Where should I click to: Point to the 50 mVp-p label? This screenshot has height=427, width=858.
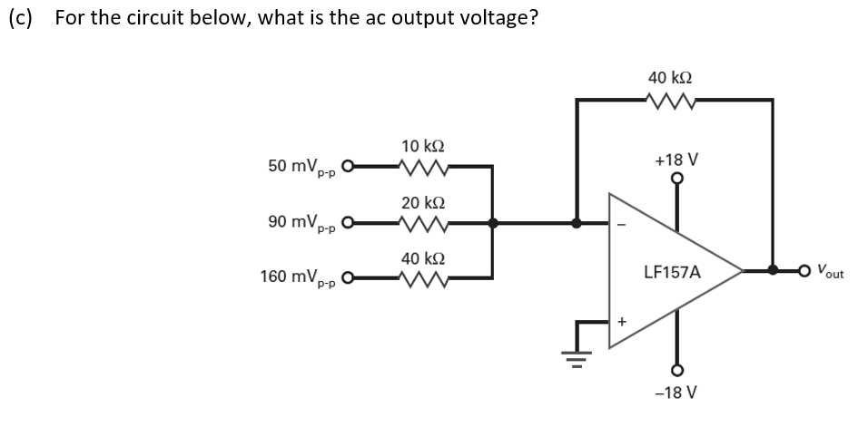(x=302, y=168)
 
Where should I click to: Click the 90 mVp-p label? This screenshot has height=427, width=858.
(x=302, y=223)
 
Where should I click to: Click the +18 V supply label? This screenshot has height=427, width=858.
(x=676, y=160)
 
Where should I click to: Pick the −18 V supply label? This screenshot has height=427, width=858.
(x=676, y=393)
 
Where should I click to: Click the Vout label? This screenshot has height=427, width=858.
(x=830, y=270)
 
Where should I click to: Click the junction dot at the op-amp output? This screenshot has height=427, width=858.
(x=773, y=270)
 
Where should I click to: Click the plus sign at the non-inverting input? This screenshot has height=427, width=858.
(x=622, y=321)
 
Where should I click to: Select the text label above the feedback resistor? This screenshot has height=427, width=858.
(x=671, y=78)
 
